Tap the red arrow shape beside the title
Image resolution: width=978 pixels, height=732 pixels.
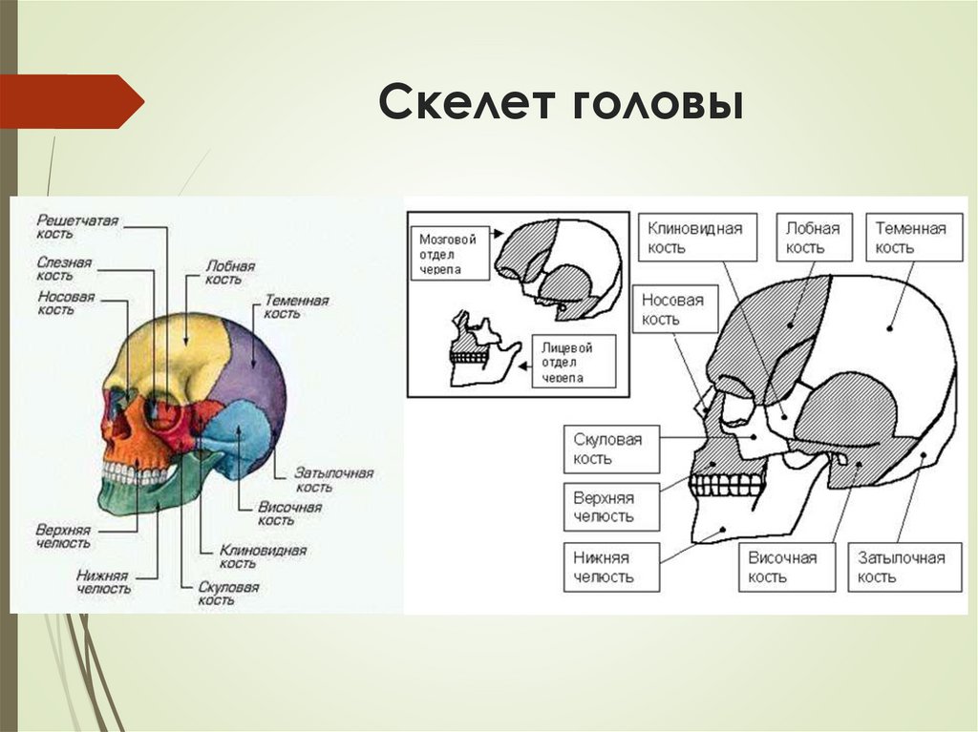coord(71,101)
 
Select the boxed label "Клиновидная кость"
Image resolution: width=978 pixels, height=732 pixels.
coord(696,237)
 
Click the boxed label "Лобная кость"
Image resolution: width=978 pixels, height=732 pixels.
coord(813,237)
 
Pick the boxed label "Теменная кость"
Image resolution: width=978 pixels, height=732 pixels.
coord(913,237)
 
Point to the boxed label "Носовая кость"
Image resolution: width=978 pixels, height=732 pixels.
coord(673,309)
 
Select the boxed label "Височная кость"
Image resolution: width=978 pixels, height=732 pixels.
coord(783,567)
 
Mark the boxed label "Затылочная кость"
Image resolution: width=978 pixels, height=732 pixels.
coord(902,567)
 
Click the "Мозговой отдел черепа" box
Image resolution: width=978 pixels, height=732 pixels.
coord(449,253)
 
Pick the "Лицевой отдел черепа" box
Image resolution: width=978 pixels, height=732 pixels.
coord(567,361)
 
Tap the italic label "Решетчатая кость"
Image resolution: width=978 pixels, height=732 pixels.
coord(77,226)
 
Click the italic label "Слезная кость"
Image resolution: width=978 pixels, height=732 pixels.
coord(64,268)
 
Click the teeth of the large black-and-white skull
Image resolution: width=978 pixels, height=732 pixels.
coord(728,485)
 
